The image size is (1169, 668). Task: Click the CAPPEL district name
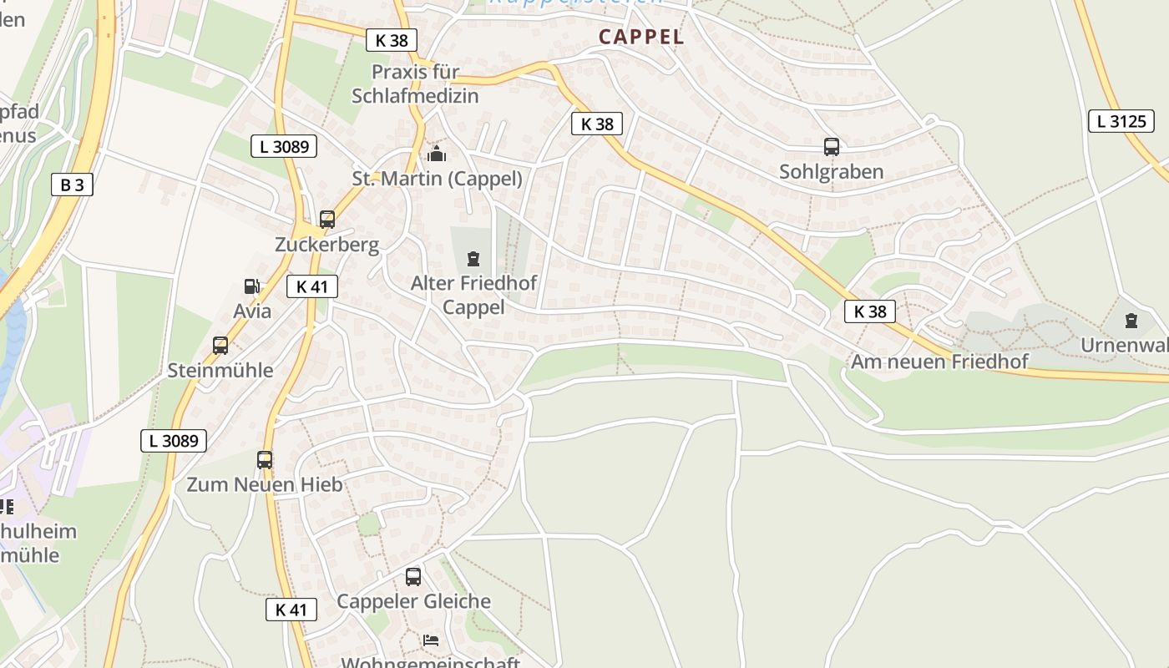(641, 37)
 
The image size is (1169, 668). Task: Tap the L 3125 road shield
(1121, 121)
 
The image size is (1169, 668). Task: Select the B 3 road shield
(72, 185)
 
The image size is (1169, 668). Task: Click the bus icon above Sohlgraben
(832, 147)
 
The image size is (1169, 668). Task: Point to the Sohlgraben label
(831, 172)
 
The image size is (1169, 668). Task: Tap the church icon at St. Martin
(437, 154)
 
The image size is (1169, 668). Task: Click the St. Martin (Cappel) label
(437, 179)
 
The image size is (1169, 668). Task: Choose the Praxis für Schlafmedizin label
(415, 83)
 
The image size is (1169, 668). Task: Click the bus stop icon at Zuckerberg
(327, 220)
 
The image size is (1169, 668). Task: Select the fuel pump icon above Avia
(251, 286)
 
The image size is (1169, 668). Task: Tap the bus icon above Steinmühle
(220, 345)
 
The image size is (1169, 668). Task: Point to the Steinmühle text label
(220, 370)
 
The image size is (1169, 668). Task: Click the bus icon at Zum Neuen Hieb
(265, 459)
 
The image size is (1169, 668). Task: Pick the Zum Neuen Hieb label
(264, 485)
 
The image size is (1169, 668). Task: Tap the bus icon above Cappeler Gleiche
(413, 576)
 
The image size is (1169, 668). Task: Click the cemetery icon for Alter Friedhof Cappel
(473, 258)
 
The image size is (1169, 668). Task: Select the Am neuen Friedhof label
(939, 362)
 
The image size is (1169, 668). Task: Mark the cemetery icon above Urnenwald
(1131, 320)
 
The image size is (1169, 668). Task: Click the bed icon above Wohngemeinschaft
(431, 640)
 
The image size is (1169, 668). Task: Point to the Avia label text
(252, 311)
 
